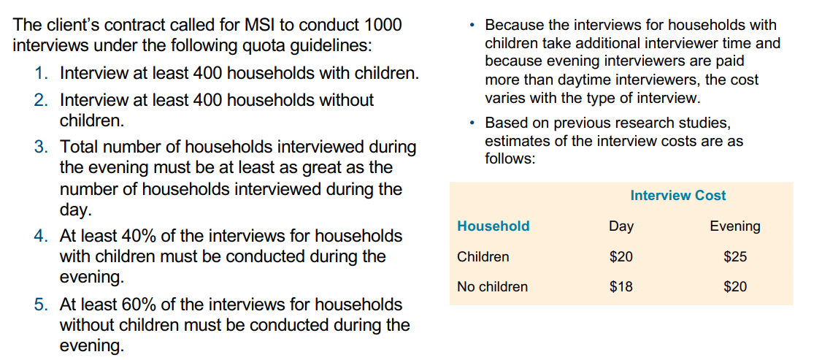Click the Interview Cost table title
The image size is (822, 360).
point(678,196)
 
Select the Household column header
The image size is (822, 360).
point(493,226)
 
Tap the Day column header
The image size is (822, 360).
point(621,226)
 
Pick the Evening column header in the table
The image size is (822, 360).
point(735,226)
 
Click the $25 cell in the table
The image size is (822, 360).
point(735,257)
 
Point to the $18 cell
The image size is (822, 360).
point(621,287)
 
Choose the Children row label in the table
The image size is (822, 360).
point(483,257)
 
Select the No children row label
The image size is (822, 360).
point(492,287)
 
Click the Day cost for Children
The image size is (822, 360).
point(621,257)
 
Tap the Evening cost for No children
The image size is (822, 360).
point(735,287)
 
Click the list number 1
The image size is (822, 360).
point(40,73)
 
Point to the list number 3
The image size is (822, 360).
point(40,148)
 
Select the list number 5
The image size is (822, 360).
point(40,305)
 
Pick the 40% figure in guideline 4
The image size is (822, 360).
point(138,237)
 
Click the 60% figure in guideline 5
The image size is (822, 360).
point(138,305)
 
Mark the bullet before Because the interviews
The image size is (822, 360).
point(473,25)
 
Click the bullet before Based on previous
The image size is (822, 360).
point(473,123)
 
